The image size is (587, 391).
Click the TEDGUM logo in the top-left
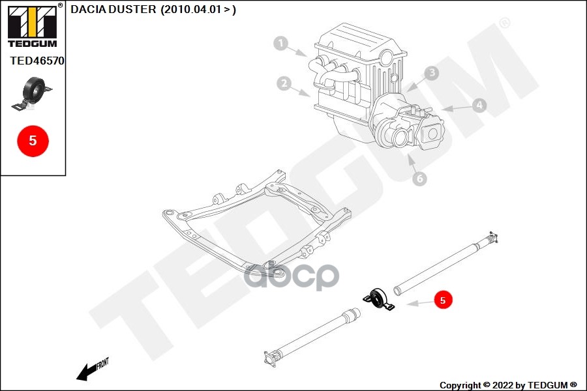32,26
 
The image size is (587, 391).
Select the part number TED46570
37,61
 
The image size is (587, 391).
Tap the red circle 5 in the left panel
33,140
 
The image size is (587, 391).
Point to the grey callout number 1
281,44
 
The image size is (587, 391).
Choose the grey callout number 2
283,83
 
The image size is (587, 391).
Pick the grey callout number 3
431,73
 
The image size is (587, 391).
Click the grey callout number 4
479,104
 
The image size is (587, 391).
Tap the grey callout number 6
419,177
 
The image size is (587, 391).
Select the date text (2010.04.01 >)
198,9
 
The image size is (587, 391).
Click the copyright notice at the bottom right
507,384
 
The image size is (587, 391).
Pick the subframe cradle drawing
258,222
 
